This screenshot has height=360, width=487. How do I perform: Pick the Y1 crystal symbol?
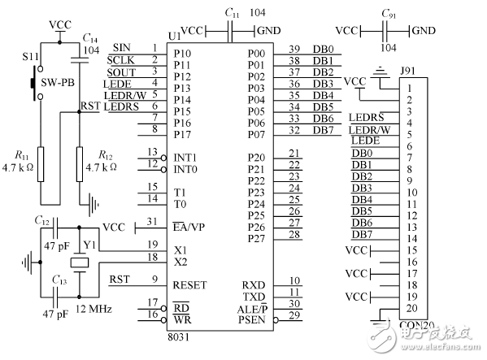(x=78, y=262)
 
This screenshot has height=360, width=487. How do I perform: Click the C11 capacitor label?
(x=232, y=14)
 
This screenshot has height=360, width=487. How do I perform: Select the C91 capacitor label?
(x=387, y=14)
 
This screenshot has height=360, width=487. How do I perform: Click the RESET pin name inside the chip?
(x=189, y=285)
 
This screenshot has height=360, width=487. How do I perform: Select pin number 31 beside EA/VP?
(x=151, y=222)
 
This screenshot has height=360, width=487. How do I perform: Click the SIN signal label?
(x=122, y=48)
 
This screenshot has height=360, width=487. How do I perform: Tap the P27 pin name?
(x=256, y=238)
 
